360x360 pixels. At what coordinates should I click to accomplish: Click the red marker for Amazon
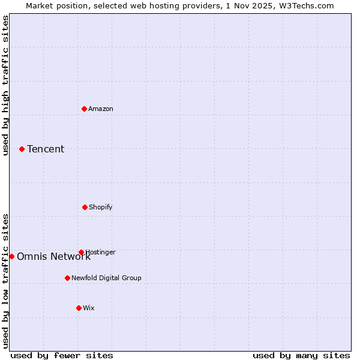pyautogui.click(x=85, y=109)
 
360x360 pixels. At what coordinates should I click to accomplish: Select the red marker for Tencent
pyautogui.click(x=22, y=149)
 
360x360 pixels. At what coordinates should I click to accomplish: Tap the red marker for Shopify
pyautogui.click(x=85, y=207)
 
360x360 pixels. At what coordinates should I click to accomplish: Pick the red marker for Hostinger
pyautogui.click(x=81, y=252)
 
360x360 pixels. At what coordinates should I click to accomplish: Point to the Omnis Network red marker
pyautogui.click(x=11, y=256)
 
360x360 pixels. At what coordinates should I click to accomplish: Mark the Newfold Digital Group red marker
pyautogui.click(x=67, y=278)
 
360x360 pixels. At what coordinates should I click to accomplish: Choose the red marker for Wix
pyautogui.click(x=79, y=308)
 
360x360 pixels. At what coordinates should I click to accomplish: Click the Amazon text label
pyautogui.click(x=101, y=109)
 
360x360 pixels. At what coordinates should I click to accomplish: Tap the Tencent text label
pyautogui.click(x=46, y=149)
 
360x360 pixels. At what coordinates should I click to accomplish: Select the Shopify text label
pyautogui.click(x=101, y=207)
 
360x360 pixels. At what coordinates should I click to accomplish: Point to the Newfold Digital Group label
pyautogui.click(x=106, y=278)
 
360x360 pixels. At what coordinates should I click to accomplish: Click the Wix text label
pyautogui.click(x=89, y=308)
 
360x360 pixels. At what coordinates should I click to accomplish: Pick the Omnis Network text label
pyautogui.click(x=53, y=257)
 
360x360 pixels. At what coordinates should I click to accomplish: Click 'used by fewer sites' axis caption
pyautogui.click(x=62, y=355)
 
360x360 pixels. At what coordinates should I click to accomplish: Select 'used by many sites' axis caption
pyautogui.click(x=301, y=355)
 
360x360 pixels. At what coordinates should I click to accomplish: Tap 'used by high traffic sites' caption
pyautogui.click(x=5, y=85)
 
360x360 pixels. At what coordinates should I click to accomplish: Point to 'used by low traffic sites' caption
pyautogui.click(x=5, y=280)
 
